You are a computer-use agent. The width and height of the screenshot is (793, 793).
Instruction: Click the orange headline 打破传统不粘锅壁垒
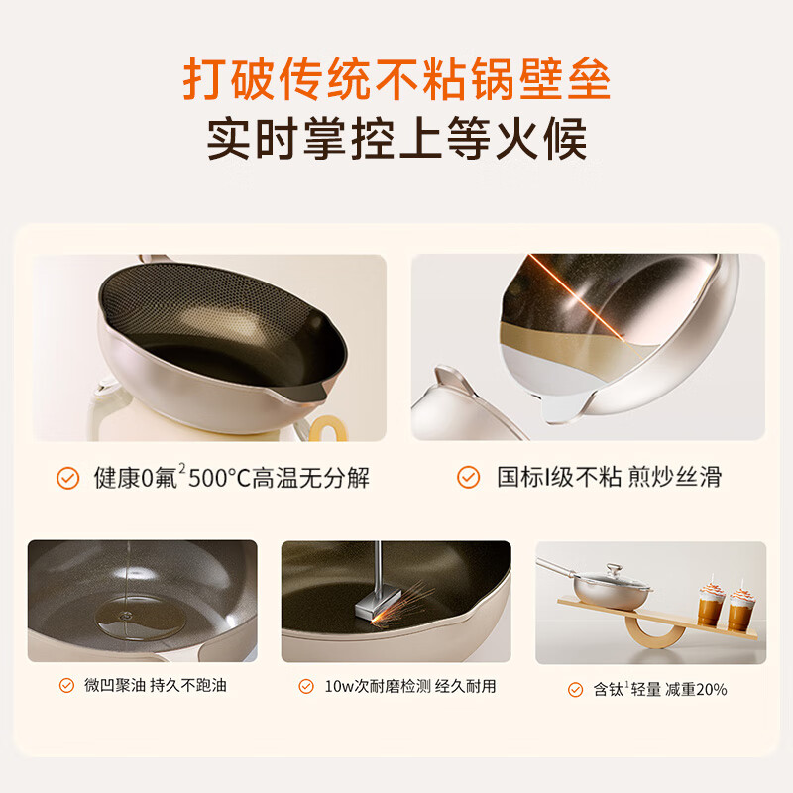396,77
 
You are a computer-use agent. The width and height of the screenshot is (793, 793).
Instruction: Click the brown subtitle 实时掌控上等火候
396,139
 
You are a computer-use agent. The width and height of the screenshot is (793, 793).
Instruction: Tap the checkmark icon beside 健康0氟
67,478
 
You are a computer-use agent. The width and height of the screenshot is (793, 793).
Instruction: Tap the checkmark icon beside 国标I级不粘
468,478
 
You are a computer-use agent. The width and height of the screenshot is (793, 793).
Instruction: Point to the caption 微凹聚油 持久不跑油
155,685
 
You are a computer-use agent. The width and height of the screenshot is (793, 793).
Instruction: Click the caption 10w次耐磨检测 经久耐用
410,685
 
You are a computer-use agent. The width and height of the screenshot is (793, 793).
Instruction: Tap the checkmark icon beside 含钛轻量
575,689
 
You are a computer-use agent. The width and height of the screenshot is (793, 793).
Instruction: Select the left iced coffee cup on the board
709,604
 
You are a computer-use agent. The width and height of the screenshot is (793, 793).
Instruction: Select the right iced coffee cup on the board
740,607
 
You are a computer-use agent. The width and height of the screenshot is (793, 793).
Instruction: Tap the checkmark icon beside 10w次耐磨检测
307,685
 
